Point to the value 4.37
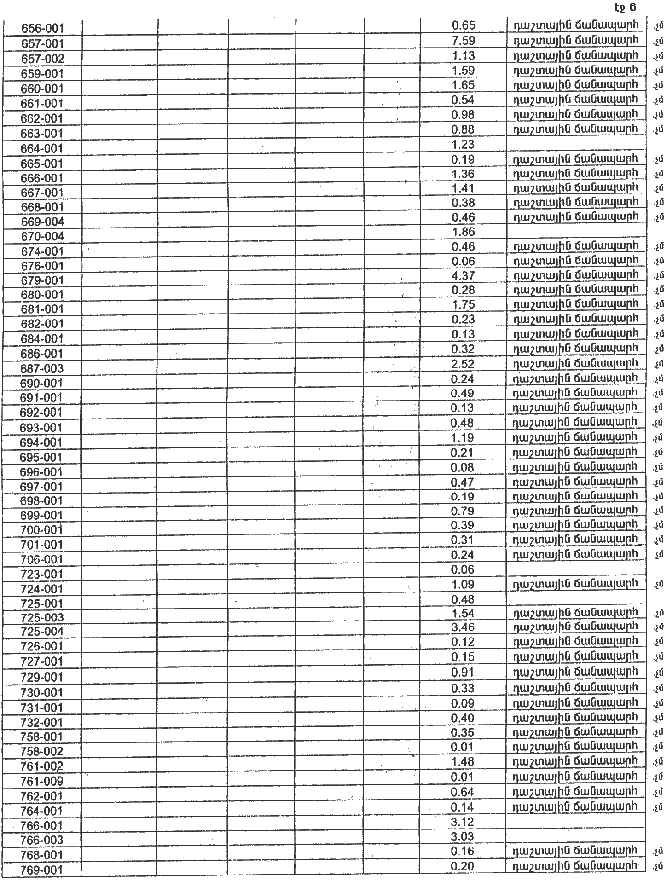463,275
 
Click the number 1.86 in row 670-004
463,231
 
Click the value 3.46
463,626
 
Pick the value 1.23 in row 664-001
463,144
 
